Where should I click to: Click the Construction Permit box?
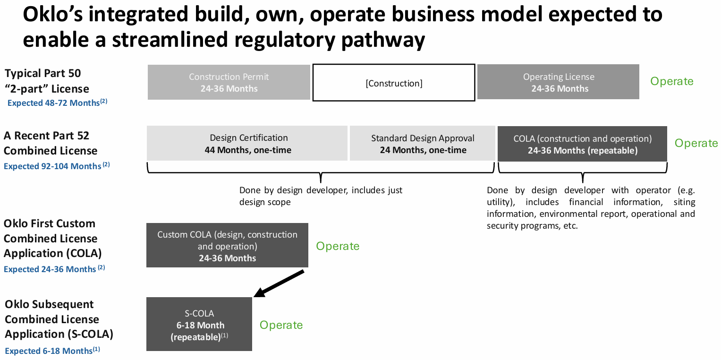pos(229,82)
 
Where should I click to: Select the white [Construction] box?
pos(394,83)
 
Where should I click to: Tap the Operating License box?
pos(558,82)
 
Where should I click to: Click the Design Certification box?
pos(247,144)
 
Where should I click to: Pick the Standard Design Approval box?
pos(423,144)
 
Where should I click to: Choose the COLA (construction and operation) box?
pos(582,144)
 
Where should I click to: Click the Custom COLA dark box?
pos(227,246)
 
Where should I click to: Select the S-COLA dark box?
pos(199,324)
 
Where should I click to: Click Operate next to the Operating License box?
pos(671,81)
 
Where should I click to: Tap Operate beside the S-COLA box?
pos(281,325)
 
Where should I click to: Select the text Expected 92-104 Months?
pos(52,166)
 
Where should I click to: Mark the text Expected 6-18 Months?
pos(49,351)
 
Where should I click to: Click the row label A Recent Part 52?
pos(46,136)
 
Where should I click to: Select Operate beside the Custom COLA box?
pos(337,246)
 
